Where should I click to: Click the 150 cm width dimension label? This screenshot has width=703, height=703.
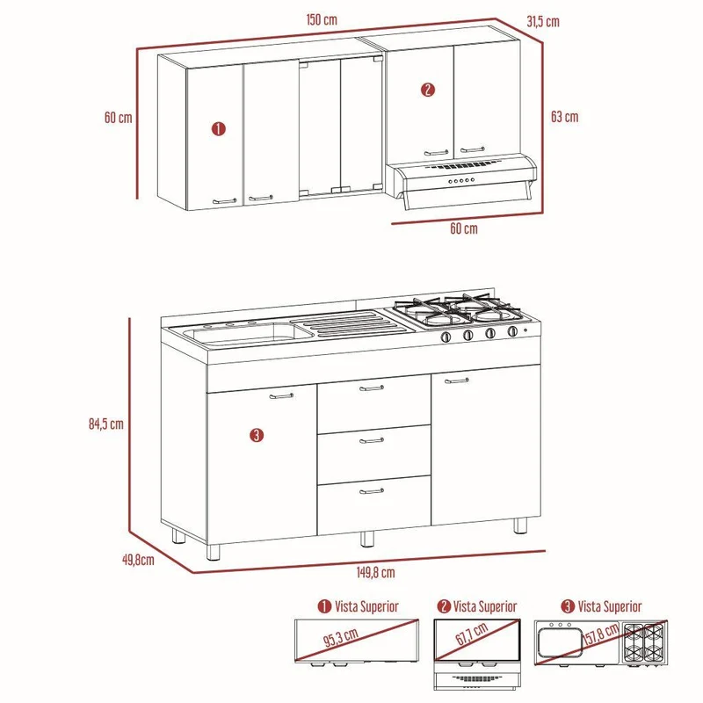322,19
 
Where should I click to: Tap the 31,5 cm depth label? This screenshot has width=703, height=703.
543,21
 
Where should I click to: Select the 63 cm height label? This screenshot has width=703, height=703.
564,117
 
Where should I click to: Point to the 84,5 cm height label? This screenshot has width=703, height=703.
105,424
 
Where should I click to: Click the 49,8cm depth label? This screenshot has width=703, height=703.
138,560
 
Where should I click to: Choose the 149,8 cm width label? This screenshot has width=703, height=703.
376,572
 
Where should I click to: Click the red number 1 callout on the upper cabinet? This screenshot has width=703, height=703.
218,129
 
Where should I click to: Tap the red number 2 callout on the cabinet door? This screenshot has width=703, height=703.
428,90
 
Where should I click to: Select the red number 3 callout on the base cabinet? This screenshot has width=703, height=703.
257,435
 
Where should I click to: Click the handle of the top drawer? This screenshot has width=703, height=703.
372,388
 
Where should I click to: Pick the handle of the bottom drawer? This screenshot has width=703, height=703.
372,491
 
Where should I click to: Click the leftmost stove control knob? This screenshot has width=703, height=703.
446,337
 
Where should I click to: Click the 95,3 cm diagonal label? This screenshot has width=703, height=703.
341,638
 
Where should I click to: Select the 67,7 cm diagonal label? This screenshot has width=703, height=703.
472,634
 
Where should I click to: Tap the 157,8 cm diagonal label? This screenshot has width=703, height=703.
602,634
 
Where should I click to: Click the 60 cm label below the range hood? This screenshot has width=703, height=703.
464,228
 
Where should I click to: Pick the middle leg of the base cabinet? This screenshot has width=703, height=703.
367,539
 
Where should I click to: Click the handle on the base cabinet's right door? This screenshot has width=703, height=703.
457,380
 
